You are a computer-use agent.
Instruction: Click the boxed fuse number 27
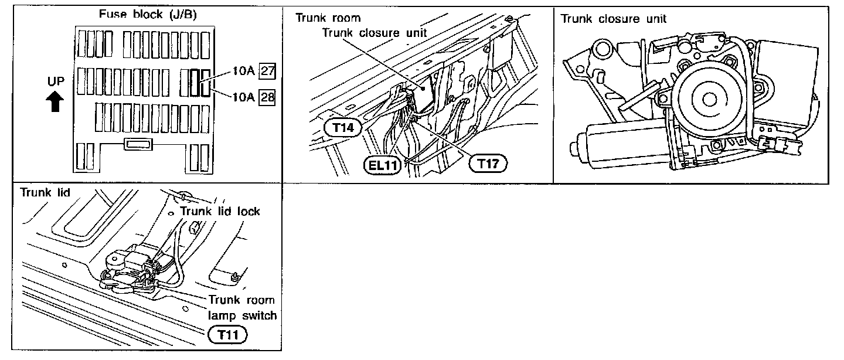(x=267, y=72)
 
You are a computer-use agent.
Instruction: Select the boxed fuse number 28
(x=267, y=97)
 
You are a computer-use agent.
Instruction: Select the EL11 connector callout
(x=381, y=165)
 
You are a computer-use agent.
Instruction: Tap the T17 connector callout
(x=488, y=164)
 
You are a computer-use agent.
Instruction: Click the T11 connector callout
(x=227, y=335)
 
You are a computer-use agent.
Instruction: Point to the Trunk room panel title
(x=328, y=18)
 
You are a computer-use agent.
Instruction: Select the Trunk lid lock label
(x=220, y=211)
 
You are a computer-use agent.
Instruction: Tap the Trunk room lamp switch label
(x=242, y=308)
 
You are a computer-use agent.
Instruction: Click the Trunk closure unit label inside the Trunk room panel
(x=375, y=33)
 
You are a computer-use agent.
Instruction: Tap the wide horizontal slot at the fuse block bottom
(x=138, y=144)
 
